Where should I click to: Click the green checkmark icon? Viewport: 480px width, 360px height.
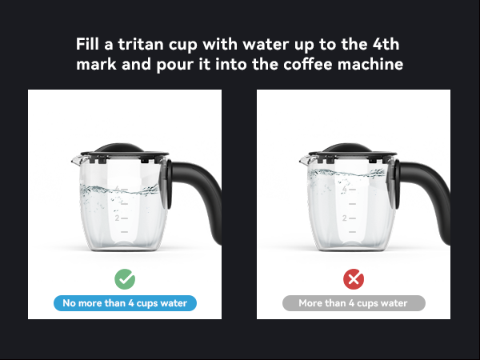click(125, 279)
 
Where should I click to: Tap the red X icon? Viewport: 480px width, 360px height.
click(354, 279)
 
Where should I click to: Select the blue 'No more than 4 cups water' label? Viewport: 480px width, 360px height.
click(125, 303)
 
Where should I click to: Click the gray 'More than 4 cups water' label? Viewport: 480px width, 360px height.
click(354, 303)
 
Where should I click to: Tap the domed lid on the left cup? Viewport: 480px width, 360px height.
click(120, 150)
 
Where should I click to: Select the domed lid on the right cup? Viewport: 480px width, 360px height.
click(349, 150)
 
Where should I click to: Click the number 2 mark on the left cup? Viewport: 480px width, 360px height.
click(116, 217)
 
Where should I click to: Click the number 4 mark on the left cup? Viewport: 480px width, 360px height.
click(116, 190)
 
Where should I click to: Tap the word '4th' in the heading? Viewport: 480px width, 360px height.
click(386, 43)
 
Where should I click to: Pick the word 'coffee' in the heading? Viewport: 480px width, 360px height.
click(310, 64)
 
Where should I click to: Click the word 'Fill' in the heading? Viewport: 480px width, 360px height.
click(89, 43)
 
